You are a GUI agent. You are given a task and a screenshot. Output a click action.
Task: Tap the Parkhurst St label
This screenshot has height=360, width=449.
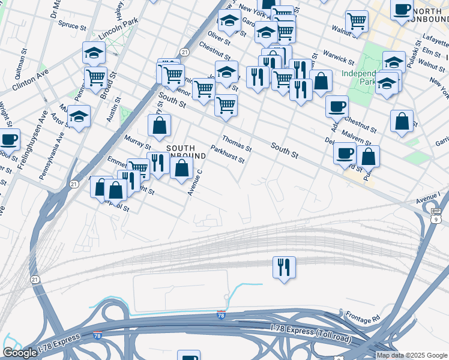[228, 154]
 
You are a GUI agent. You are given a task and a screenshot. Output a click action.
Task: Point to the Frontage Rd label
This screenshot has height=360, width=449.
[364, 316]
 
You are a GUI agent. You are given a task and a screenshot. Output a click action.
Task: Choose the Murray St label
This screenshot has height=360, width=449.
[137, 143]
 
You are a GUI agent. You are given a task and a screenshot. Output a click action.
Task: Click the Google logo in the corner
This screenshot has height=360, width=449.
[20, 353]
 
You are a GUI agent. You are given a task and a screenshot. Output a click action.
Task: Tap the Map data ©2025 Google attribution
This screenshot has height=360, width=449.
[412, 355]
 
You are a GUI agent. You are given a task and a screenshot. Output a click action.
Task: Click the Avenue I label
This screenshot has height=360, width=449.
[428, 196]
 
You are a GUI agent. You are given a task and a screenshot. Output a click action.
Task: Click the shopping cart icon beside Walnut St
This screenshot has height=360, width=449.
[357, 22]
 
